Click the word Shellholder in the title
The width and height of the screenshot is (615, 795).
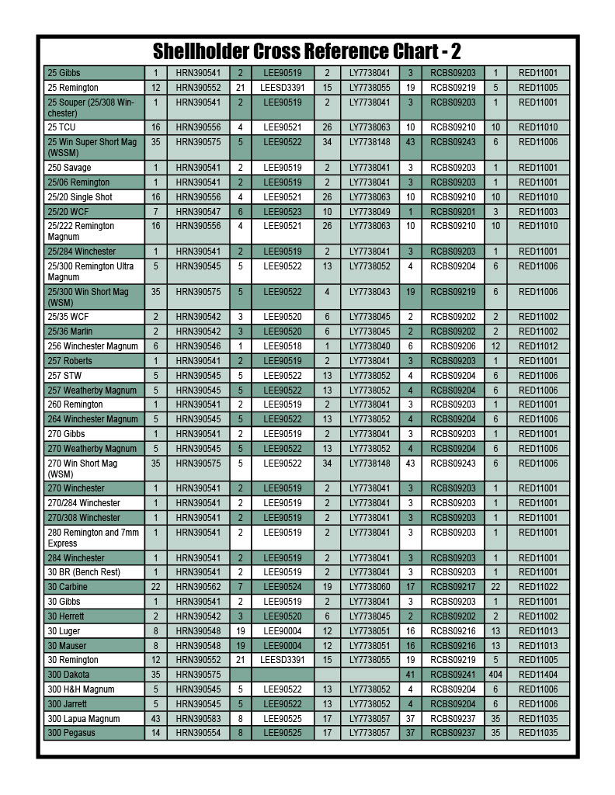click(200, 52)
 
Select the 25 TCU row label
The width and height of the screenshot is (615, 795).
click(63, 127)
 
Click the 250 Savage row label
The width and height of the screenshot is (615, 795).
click(69, 168)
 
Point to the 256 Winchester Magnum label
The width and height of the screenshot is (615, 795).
click(92, 346)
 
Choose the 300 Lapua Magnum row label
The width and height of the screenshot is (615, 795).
click(84, 719)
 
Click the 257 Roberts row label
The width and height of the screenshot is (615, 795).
click(70, 361)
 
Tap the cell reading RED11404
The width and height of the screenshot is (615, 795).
click(538, 675)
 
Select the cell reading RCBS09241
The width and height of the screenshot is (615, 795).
click(453, 675)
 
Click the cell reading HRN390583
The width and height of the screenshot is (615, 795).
click(198, 719)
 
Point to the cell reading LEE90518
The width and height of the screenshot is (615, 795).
click(283, 346)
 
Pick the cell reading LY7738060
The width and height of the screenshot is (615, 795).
click(370, 587)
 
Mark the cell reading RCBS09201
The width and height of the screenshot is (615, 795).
click(453, 211)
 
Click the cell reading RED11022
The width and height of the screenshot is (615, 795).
click(538, 587)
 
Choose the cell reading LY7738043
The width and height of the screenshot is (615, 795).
click(370, 292)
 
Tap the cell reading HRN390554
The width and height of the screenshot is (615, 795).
click(198, 733)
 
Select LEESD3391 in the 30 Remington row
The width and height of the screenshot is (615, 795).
click(283, 660)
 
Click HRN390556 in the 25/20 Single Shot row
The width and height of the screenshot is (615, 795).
click(198, 197)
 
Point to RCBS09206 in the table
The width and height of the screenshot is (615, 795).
click(453, 346)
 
